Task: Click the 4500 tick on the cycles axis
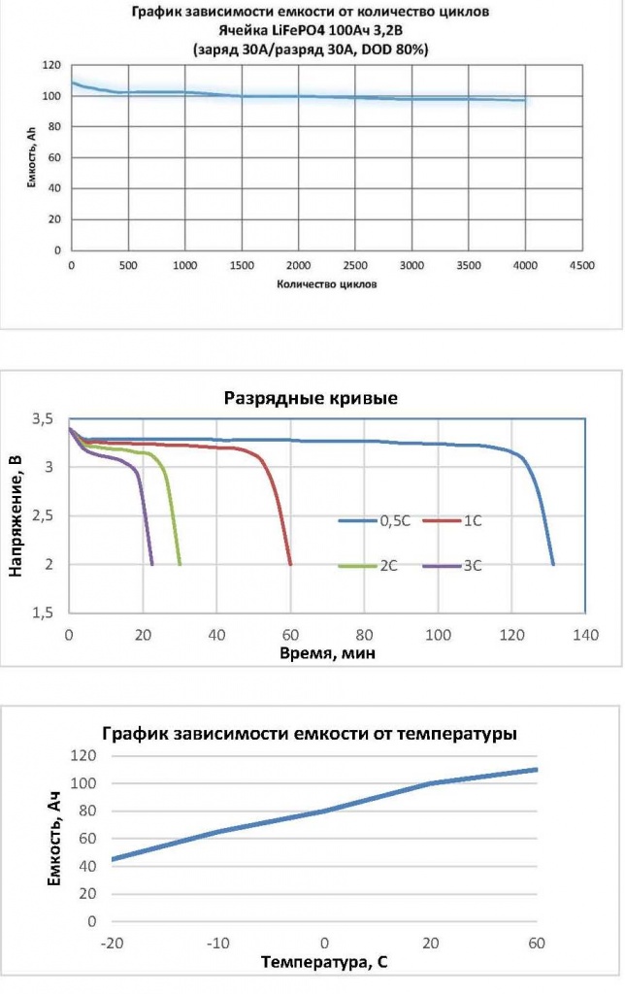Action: [581, 265]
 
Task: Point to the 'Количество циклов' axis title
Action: [326, 284]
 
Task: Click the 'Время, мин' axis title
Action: [326, 653]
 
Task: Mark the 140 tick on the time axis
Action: [584, 636]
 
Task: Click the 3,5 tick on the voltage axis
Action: [45, 418]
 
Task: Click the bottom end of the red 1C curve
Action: [291, 564]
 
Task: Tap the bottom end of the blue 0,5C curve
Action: [553, 564]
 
